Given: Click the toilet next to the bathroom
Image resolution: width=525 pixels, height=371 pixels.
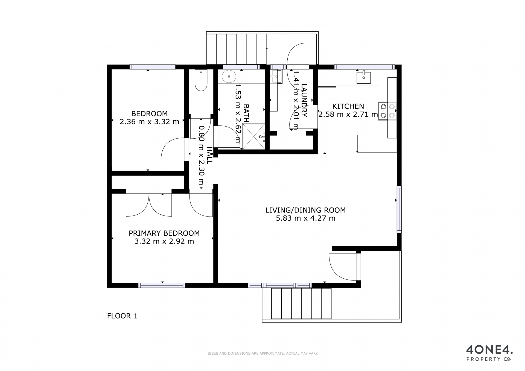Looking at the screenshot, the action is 201,80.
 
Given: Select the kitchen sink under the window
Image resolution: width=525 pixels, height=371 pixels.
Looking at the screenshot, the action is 364,78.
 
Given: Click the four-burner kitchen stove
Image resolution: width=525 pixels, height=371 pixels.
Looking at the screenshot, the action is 387,111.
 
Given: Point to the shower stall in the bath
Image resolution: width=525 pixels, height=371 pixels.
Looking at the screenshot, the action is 254,136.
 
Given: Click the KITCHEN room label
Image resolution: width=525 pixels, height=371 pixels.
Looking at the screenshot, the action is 348,106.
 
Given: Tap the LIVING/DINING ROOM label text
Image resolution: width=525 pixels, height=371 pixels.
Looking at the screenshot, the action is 305,210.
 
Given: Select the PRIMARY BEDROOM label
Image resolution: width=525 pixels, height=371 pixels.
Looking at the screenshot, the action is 164,233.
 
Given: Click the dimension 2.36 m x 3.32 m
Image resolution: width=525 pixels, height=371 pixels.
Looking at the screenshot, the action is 150,122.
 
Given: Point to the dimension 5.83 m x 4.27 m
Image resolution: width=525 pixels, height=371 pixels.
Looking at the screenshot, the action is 305,218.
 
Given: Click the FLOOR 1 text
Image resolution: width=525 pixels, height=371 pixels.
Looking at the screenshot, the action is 122,316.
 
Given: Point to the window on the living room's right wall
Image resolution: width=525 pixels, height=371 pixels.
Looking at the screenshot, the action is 399,209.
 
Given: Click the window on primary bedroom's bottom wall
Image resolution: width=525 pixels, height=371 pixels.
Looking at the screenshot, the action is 162,285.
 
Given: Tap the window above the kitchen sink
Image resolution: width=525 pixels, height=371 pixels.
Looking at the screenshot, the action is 364,67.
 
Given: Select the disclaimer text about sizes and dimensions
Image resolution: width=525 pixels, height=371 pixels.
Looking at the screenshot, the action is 263,354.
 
